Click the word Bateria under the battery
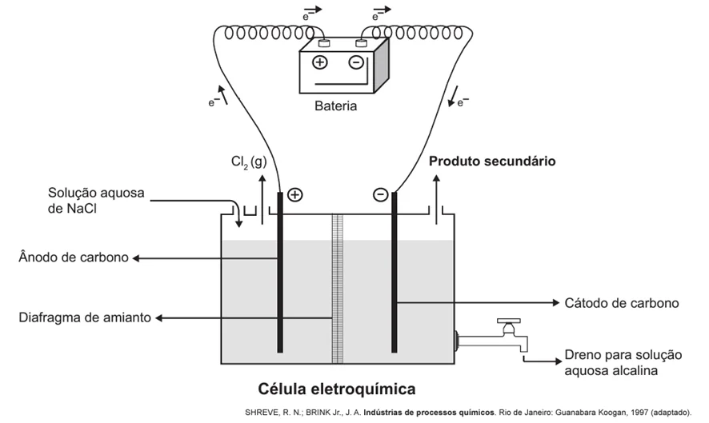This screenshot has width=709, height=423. [x=335, y=106]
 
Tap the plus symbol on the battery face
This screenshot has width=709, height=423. [x=319, y=62]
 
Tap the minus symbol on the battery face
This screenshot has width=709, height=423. [x=356, y=62]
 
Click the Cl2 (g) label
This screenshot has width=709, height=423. [x=249, y=162]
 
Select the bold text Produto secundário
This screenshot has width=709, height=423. [x=492, y=162]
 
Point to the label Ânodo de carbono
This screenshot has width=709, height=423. [x=74, y=257]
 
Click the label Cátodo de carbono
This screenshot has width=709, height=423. [x=622, y=303]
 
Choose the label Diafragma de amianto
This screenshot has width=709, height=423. [x=85, y=317]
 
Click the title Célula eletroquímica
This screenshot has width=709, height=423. [x=337, y=389]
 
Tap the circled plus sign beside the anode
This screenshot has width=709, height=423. [x=294, y=195]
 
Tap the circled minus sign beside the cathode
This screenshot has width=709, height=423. [x=381, y=195]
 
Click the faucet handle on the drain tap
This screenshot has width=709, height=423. [x=509, y=321]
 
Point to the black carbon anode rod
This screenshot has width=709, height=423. [x=280, y=272]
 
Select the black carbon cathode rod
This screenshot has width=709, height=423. [x=395, y=272]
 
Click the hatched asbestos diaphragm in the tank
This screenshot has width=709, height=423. [x=338, y=289]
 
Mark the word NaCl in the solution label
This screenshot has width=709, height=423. [x=82, y=209]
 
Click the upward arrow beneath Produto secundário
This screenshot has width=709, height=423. [x=436, y=200]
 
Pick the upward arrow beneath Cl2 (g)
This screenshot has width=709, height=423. [x=262, y=200]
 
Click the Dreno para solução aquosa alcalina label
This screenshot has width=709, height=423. [x=623, y=363]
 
